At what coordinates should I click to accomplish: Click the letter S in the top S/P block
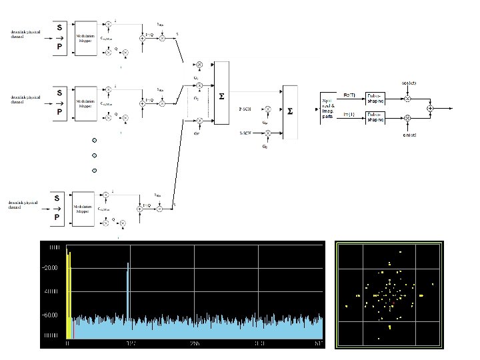coord(60,29)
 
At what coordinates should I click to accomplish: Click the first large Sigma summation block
coord(221,95)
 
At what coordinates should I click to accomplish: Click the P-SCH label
coord(245,108)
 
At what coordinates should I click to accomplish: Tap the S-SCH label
coord(245,133)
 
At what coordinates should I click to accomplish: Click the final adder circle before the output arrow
coord(431,108)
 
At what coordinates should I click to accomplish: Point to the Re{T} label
coord(349,95)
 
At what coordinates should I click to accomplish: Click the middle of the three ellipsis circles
coord(95,155)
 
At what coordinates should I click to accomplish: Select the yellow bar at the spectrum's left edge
coord(68,293)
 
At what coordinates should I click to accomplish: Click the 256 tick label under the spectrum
coord(194,344)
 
